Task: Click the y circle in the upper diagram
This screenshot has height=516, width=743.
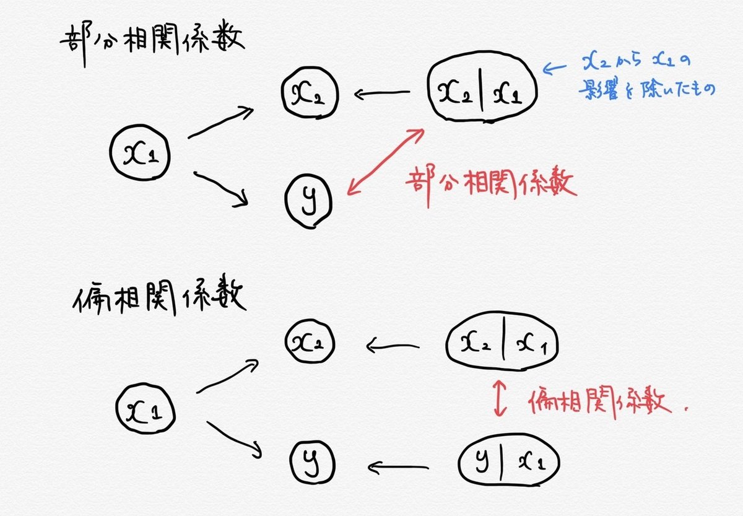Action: click(x=308, y=200)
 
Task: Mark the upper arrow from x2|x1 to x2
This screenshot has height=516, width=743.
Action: click(x=383, y=95)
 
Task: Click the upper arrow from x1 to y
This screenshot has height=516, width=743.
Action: click(x=221, y=188)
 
